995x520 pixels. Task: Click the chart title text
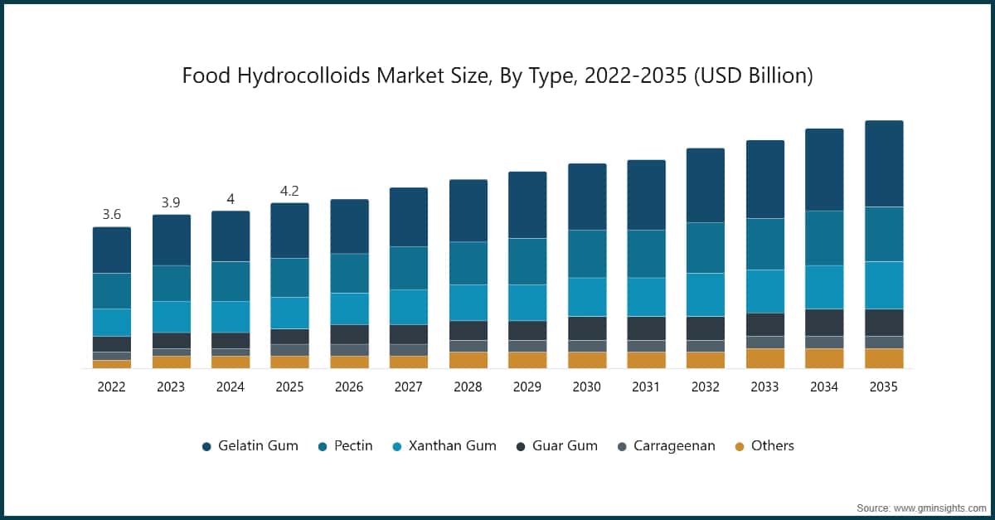pos(498,76)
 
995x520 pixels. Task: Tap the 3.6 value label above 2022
pos(112,215)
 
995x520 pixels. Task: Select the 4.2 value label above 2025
pos(289,191)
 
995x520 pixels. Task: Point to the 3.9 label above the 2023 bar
pos(171,203)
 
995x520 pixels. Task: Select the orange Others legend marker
pos(740,446)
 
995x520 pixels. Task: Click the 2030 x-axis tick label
pos(587,387)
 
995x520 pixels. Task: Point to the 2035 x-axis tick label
pos(884,387)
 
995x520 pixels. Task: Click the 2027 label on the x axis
pos(409,387)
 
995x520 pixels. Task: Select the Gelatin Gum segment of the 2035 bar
pos(884,163)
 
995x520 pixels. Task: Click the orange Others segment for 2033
pos(765,358)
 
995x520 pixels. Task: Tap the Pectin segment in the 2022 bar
pos(112,290)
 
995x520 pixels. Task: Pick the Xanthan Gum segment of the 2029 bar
pos(527,302)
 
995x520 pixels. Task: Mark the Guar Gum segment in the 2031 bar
pos(646,328)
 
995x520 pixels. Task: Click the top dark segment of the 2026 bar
pos(349,226)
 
